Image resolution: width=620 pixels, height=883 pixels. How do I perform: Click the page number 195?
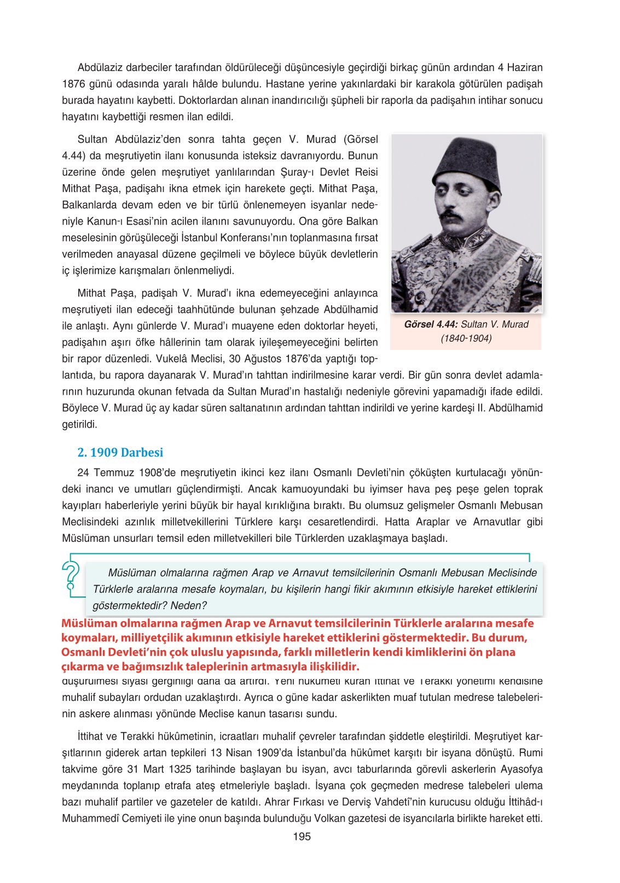click(302, 836)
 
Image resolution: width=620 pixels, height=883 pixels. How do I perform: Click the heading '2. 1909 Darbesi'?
click(120, 452)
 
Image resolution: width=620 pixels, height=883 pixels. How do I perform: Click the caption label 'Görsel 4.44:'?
click(431, 324)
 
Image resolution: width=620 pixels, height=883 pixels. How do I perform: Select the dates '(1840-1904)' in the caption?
click(466, 338)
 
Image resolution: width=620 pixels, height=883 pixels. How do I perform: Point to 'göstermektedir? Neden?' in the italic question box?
click(149, 605)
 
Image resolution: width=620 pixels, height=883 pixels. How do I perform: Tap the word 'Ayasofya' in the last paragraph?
click(522, 769)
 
